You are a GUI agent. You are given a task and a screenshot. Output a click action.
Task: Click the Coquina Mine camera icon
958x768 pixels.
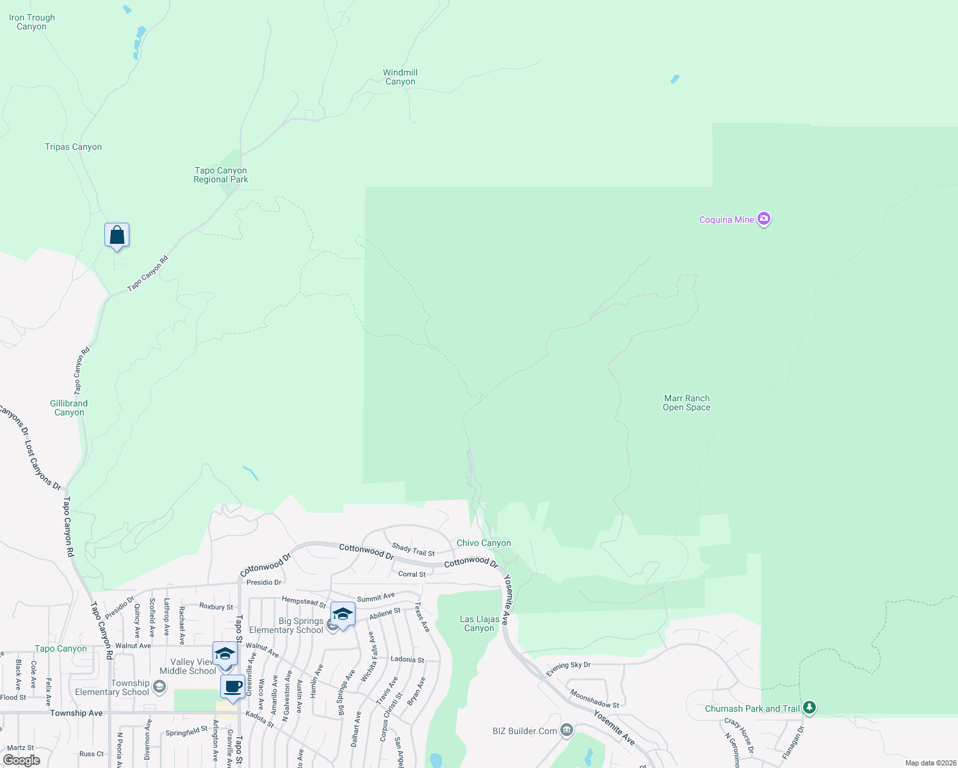tap(763, 219)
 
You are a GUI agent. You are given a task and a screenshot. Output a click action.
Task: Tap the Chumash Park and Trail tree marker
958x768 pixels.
tap(809, 707)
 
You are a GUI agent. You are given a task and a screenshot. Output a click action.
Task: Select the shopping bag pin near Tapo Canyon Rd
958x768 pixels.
tap(117, 236)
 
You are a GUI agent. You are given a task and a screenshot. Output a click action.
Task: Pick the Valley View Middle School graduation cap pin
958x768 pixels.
tap(225, 653)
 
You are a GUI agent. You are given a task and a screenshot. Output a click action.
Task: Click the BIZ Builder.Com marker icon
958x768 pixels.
tap(566, 730)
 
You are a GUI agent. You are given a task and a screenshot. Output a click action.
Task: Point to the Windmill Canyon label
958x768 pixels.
tap(400, 77)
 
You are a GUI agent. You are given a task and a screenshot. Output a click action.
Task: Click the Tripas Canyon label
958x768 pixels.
tap(73, 147)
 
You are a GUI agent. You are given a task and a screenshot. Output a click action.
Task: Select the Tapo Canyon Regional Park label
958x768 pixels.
tap(220, 175)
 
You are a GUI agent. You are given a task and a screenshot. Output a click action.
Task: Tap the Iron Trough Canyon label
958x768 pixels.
tap(32, 22)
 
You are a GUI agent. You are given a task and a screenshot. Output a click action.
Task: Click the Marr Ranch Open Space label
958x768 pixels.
tap(686, 403)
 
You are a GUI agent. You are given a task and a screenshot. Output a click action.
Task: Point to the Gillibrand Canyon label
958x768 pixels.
tap(69, 408)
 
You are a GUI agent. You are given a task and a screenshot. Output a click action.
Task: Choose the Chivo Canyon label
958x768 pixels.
tap(483, 543)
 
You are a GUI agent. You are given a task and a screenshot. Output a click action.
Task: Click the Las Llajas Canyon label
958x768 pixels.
tap(479, 623)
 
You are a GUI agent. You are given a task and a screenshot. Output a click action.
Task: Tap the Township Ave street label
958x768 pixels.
tap(76, 713)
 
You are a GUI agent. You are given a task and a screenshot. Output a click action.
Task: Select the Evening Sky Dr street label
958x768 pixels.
tap(568, 668)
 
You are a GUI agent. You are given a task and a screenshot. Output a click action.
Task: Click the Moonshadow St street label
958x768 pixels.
tap(594, 698)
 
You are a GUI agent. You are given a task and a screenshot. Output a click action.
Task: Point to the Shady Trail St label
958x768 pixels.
tap(413, 549)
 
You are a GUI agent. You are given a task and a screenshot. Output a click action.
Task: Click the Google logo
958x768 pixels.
tap(22, 760)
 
